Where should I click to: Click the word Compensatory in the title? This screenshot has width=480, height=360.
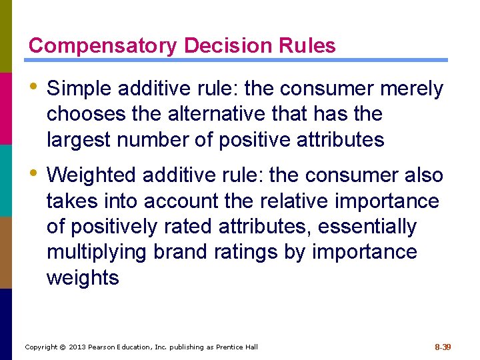click(x=103, y=46)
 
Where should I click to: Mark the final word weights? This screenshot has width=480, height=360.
click(x=83, y=278)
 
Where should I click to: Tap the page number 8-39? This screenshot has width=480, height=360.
click(x=443, y=347)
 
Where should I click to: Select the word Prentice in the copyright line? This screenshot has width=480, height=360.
click(x=228, y=347)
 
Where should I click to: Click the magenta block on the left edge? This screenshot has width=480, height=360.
click(x=6, y=108)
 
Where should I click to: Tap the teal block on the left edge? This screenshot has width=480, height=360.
click(x=6, y=180)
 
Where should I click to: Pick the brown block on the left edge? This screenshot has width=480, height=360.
click(x=6, y=252)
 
